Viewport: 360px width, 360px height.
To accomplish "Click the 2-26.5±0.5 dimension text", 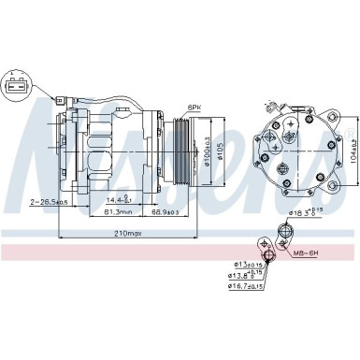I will tap(32, 200).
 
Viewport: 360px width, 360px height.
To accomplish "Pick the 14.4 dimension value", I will tap(117, 200).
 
